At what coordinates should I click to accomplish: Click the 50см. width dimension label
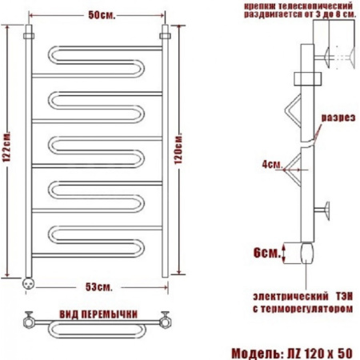pos(102,15)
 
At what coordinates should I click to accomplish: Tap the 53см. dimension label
pos(99,287)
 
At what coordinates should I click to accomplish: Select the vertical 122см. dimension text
pos(7,146)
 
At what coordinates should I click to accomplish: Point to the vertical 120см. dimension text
pos(178,148)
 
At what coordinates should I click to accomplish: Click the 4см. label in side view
pos(272,164)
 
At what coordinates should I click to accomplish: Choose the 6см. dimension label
pos(267,253)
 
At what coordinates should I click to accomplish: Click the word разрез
pos(338,118)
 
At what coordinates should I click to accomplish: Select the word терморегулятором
pos(306,309)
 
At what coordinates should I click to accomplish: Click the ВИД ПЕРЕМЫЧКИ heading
pos(98,314)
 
